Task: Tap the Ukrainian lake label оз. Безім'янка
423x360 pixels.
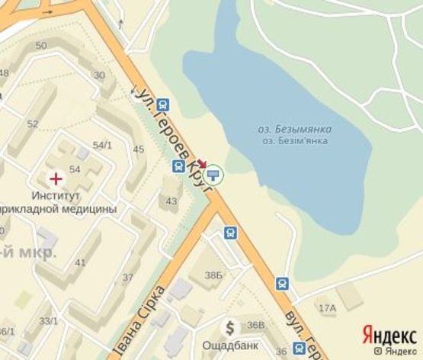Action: click(x=295, y=141)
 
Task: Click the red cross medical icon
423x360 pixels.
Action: click(x=56, y=179)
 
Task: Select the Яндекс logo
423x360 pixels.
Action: click(x=389, y=335)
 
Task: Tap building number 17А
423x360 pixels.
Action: click(x=327, y=308)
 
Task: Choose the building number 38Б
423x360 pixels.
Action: click(x=213, y=275)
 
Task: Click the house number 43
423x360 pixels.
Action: click(x=171, y=201)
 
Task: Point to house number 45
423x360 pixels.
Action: click(x=139, y=149)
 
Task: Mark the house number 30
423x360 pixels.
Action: click(x=99, y=75)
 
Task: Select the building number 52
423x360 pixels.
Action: click(x=32, y=124)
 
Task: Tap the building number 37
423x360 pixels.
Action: click(x=128, y=277)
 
